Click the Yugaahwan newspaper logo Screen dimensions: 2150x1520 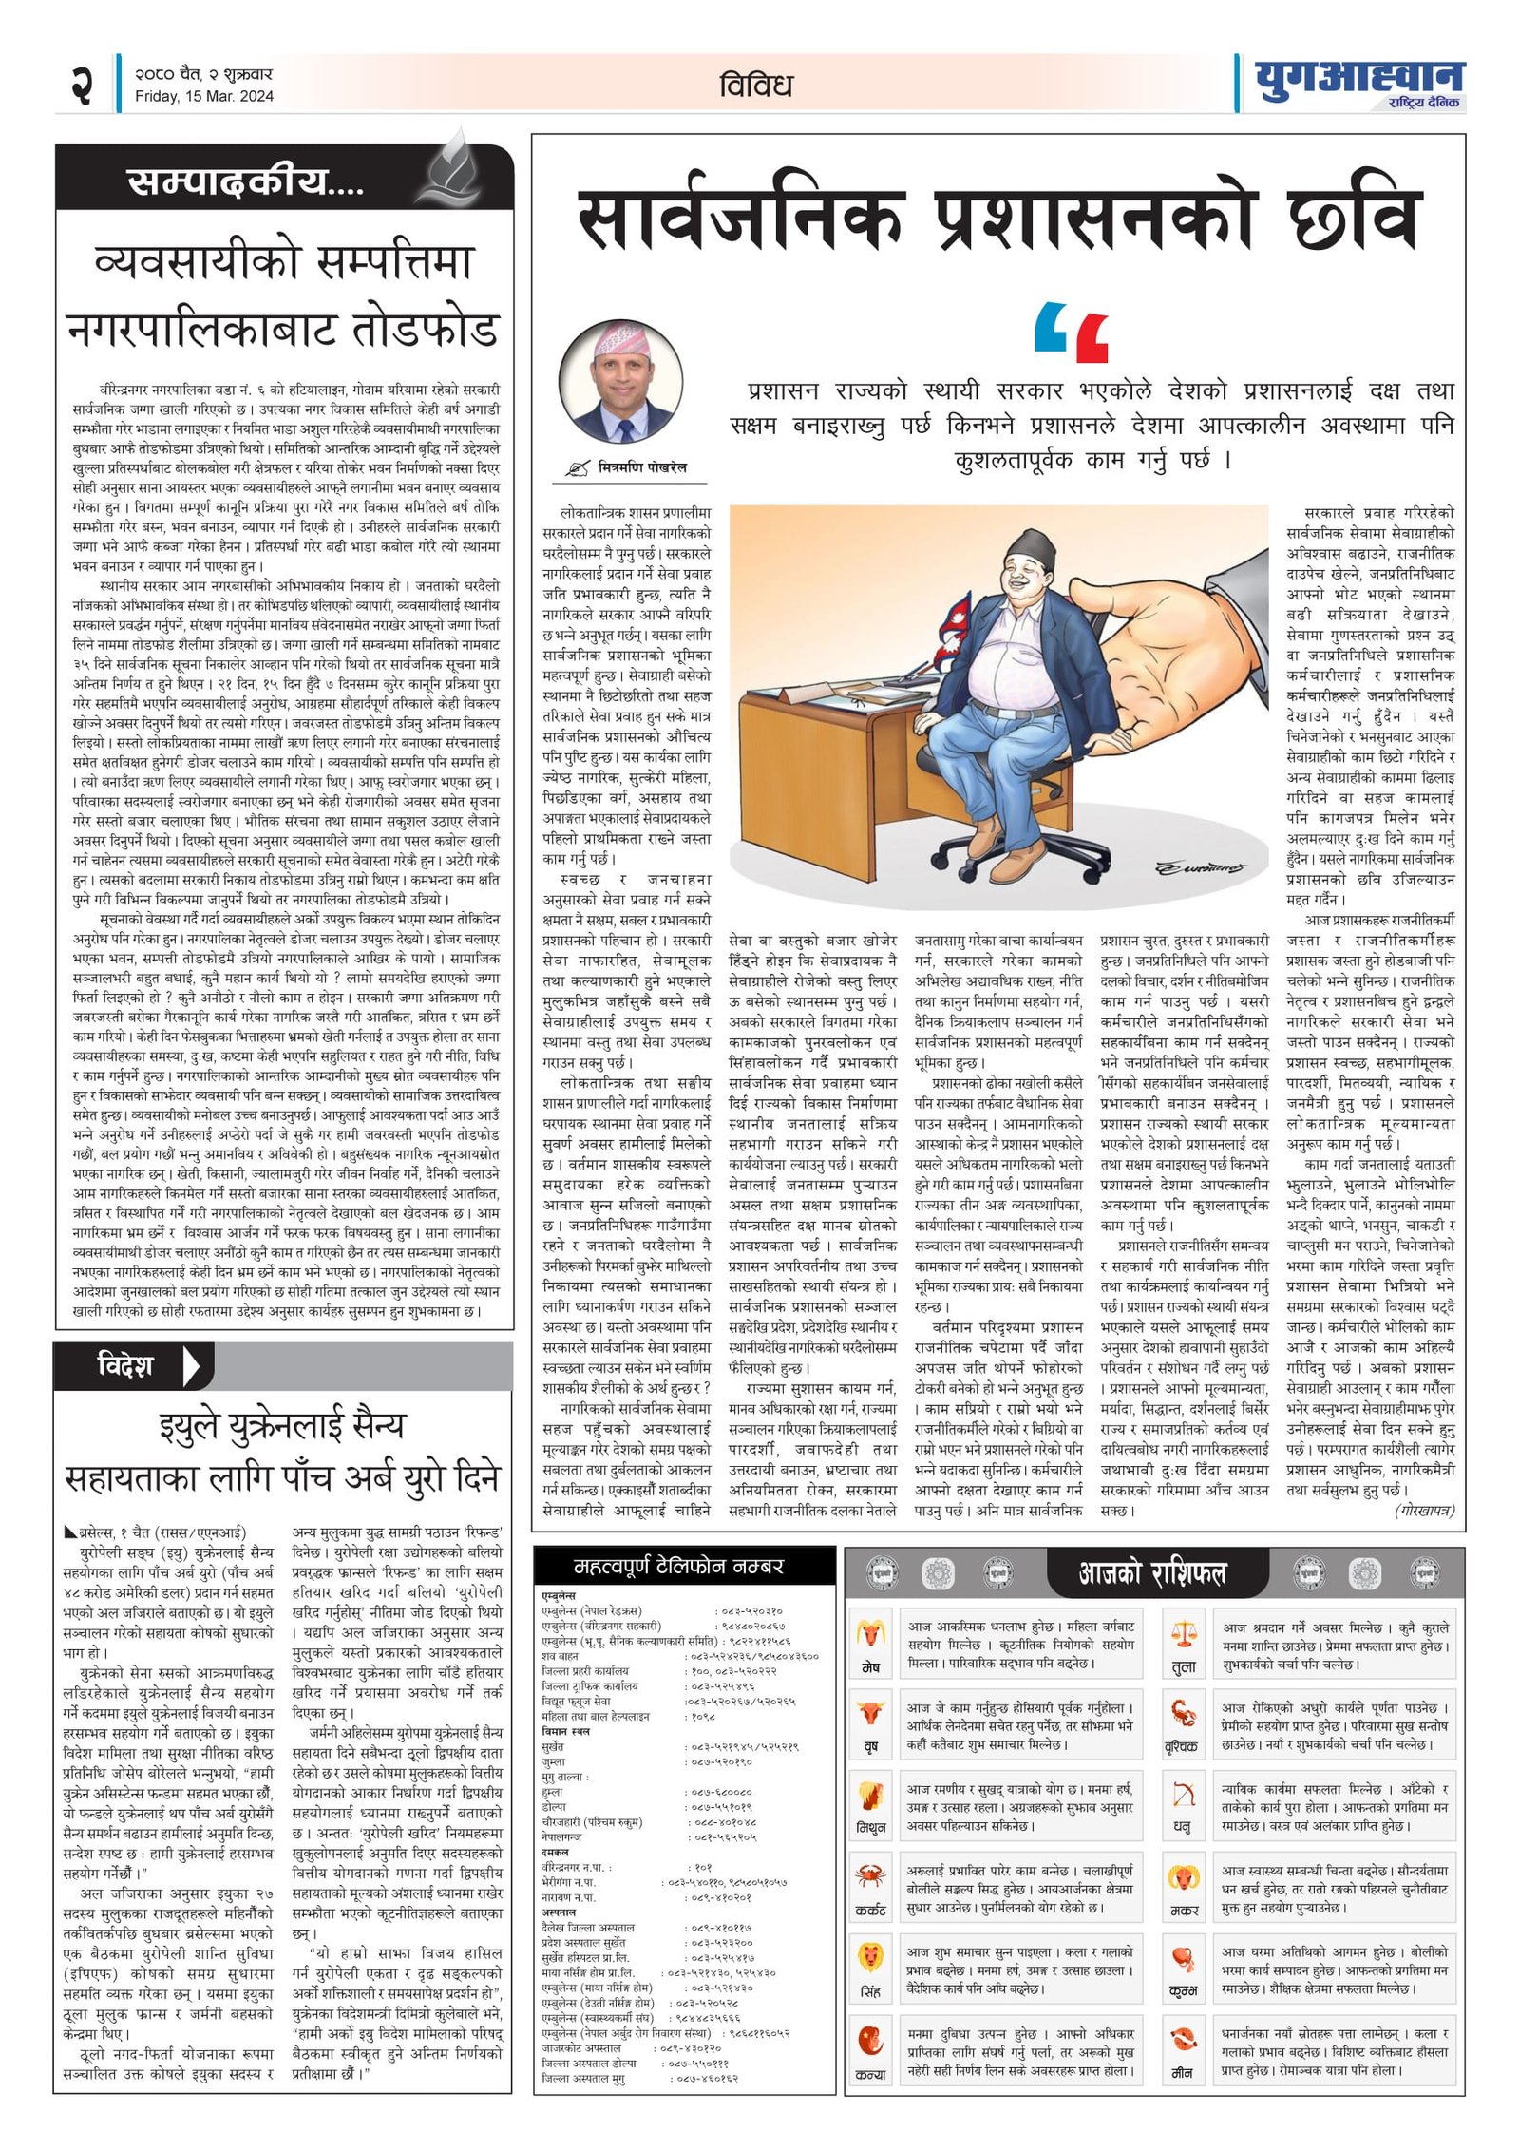tap(1358, 84)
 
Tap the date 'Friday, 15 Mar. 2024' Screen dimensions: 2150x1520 tap(203, 96)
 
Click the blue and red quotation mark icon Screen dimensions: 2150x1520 tap(1071, 333)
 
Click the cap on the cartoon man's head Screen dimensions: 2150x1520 tap(1032, 545)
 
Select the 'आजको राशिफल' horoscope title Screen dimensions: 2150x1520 tap(1152, 1574)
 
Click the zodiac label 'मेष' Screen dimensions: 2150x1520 tap(870, 1667)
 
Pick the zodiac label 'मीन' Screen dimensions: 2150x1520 tap(1183, 2072)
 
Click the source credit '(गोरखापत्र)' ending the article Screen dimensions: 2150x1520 tap(1424, 1510)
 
